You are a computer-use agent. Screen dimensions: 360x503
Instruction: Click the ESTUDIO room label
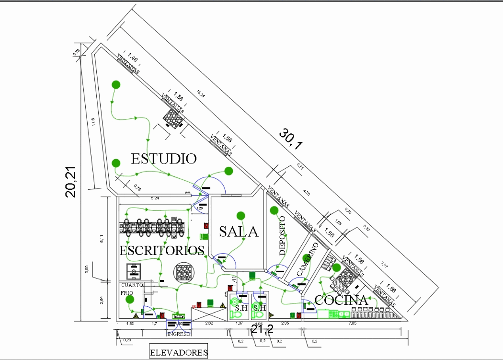tap(164, 159)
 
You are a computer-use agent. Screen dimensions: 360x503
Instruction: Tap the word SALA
tap(239, 232)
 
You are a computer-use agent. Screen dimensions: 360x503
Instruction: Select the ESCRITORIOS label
tap(162, 250)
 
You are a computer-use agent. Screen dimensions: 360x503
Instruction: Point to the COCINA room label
tap(341, 301)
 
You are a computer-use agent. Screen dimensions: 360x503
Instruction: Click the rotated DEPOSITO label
tap(283, 235)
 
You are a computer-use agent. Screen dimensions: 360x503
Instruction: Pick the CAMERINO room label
tap(308, 259)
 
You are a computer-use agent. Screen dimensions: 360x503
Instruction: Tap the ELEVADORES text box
tap(179, 353)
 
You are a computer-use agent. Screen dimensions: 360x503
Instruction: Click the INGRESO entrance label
tap(179, 333)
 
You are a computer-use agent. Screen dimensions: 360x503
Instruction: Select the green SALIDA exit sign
tap(179, 317)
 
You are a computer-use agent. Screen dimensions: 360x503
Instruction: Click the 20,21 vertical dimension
tap(71, 182)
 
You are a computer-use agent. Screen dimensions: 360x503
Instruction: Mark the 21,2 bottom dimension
tap(262, 329)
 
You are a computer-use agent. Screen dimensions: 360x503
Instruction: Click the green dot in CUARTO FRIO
tap(129, 300)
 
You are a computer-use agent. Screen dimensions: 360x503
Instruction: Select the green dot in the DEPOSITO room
tap(274, 210)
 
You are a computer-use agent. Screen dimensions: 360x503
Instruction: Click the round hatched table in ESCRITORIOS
tap(183, 272)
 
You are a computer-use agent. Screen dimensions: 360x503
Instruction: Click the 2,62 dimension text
tap(209, 325)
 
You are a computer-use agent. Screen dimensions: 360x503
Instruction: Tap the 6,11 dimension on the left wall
tap(101, 239)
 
